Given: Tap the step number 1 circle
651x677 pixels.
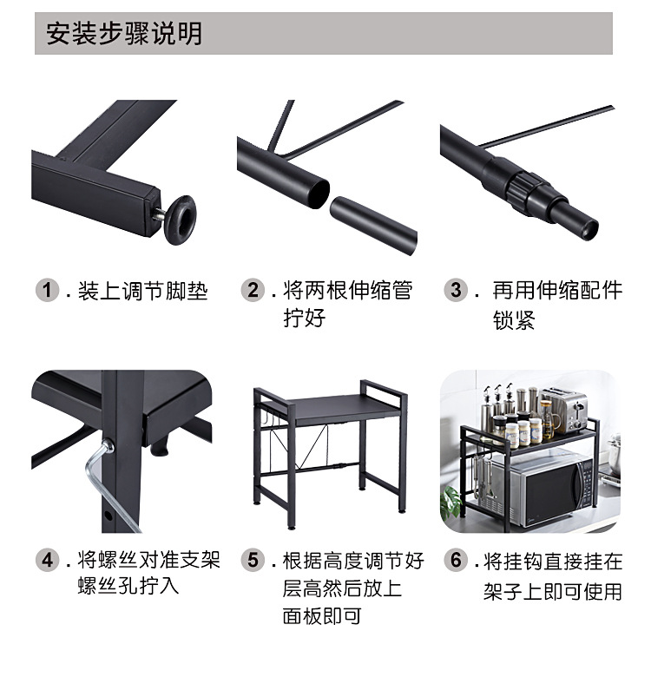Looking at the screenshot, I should pyautogui.click(x=48, y=290).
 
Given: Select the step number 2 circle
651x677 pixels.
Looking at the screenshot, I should pyautogui.click(x=252, y=290).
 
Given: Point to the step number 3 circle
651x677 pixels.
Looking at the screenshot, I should pyautogui.click(x=456, y=290).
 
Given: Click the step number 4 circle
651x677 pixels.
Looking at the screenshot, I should pyautogui.click(x=48, y=560).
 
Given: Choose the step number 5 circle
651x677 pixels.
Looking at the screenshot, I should pyautogui.click(x=252, y=560).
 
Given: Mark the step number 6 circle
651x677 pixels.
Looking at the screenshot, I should pyautogui.click(x=456, y=560).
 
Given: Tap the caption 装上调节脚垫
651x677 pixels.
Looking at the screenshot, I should pyautogui.click(x=143, y=291).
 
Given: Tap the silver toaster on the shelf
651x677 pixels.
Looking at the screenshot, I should pyautogui.click(x=564, y=410).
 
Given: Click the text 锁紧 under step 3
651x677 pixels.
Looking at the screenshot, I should pyautogui.click(x=514, y=320).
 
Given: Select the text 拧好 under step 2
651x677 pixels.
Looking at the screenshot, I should pyautogui.click(x=304, y=318).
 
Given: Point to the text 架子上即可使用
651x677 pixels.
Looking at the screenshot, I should pyautogui.click(x=553, y=591).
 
